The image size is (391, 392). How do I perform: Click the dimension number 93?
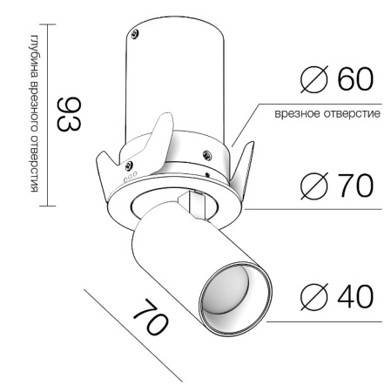point(69,114)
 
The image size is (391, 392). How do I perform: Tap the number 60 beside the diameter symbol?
point(355,78)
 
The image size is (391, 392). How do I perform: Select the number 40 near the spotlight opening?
point(355,296)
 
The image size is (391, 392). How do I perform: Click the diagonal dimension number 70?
point(151,317)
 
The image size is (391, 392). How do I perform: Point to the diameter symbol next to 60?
point(313,79)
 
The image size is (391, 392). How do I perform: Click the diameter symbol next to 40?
point(313,296)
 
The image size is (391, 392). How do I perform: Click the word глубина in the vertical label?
point(34,56)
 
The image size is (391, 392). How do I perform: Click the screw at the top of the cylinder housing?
point(135,34)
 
